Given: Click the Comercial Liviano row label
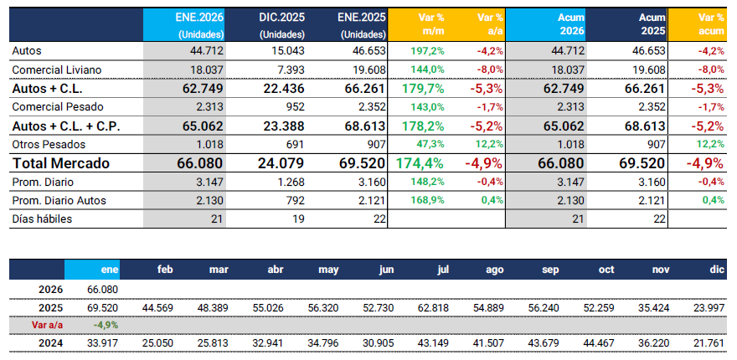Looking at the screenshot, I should pos(50,69).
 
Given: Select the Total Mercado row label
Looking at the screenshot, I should pos(61,163).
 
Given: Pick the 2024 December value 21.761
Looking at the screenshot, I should pos(703,343).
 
